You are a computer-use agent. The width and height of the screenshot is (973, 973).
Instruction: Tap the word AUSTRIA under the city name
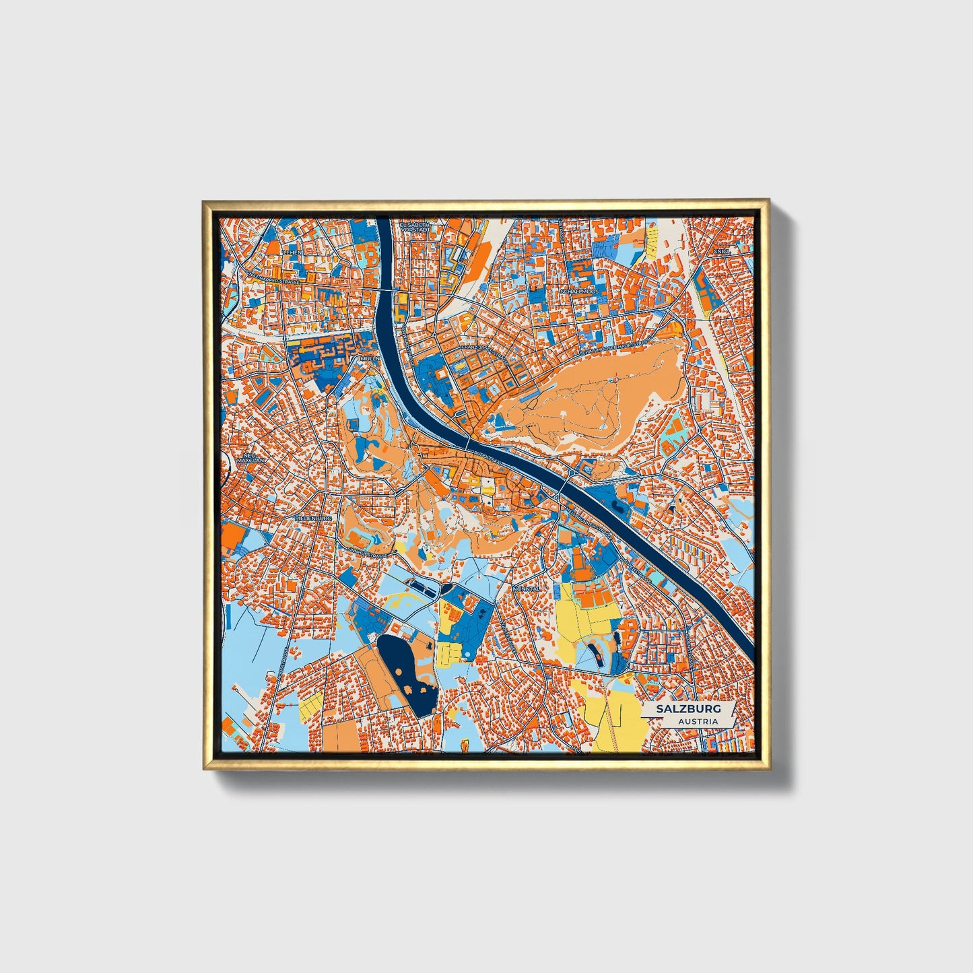tap(698, 721)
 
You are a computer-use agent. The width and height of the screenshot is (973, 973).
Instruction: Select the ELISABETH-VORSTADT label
tap(415, 228)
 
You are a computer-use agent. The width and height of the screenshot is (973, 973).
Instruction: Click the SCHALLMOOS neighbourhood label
tap(579, 292)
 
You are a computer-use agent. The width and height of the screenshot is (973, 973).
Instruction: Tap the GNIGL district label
tap(723, 251)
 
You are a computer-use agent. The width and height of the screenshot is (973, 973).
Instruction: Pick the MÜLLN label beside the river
tap(368, 359)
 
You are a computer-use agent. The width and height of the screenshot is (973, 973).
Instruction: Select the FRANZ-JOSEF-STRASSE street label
tap(482, 351)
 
